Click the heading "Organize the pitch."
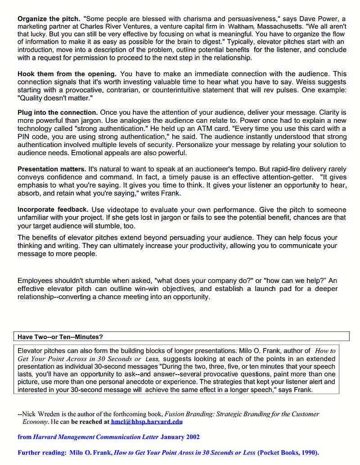pyautogui.click(x=49, y=19)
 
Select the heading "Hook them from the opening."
pyautogui.click(x=67, y=74)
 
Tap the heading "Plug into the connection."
pyautogui.click(x=58, y=112)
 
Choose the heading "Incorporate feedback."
pyautogui.click(x=53, y=210)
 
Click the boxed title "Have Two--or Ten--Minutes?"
pyautogui.click(x=59, y=336)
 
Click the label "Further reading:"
pyautogui.click(x=41, y=452)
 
